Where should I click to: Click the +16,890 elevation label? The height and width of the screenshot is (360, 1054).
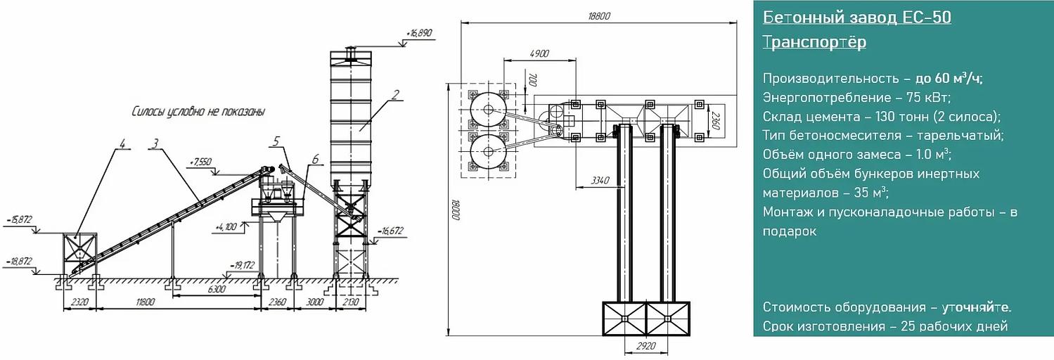420,34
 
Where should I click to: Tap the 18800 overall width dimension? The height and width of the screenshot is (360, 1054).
598,16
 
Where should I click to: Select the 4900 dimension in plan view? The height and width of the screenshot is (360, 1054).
539,53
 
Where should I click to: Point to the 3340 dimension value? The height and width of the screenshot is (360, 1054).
600,180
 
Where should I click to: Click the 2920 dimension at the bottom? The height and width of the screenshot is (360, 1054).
646,346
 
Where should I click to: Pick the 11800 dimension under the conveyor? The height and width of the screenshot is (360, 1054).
145,302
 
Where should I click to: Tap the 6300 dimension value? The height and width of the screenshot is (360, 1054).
216,289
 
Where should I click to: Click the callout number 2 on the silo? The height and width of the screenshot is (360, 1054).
395,95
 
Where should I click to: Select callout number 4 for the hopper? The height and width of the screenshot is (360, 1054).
122,143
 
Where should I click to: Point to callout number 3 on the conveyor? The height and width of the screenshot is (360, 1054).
155,143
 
